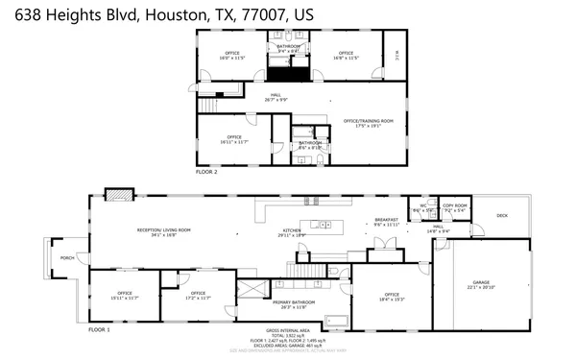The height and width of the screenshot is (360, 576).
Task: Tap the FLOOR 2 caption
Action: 206,172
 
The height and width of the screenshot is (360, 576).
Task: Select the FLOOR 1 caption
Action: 100,329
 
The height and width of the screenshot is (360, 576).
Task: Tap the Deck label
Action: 502,215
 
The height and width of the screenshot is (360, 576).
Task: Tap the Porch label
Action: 68,258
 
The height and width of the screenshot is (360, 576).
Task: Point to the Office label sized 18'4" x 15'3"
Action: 392,297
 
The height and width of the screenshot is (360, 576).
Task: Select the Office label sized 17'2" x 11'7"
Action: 199,295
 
